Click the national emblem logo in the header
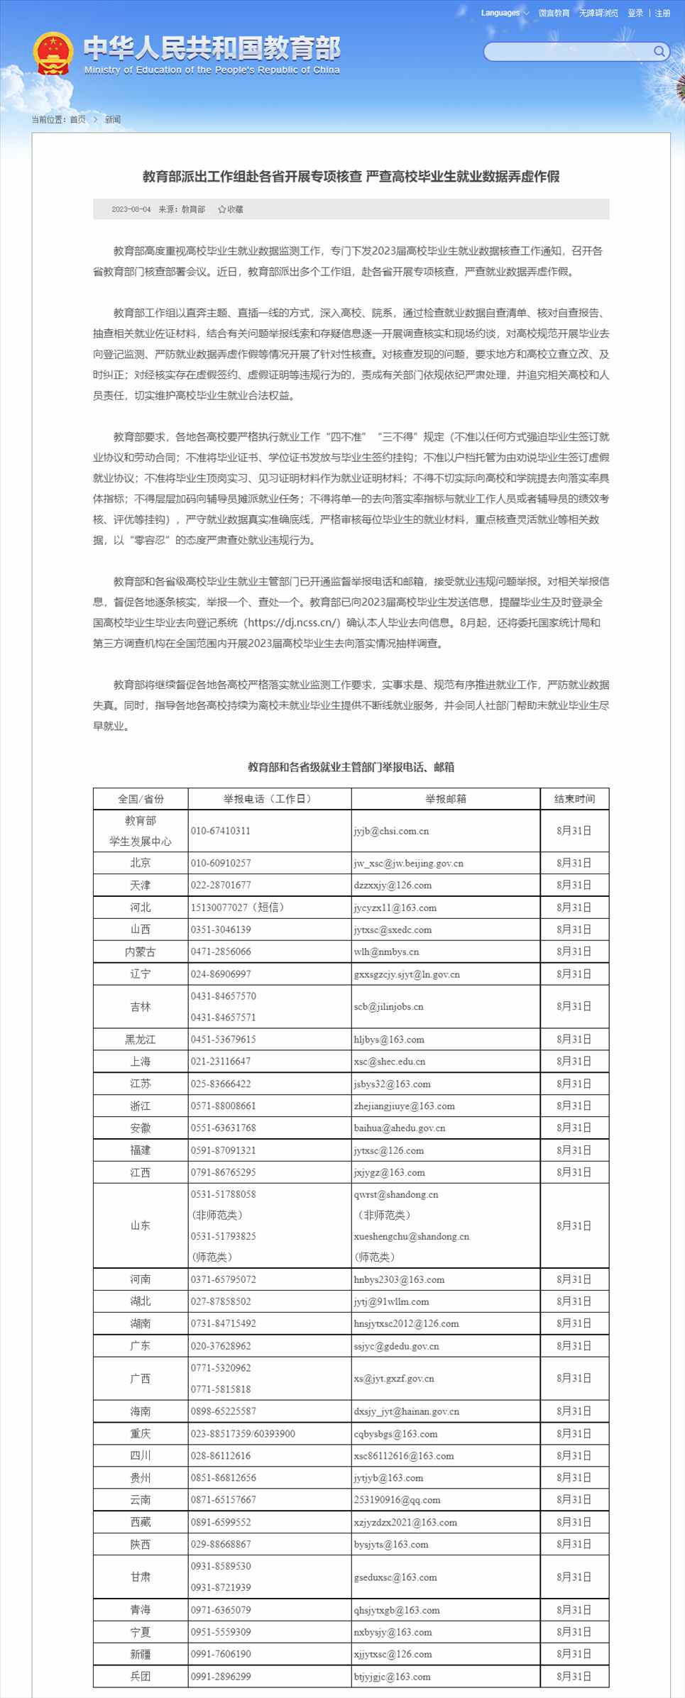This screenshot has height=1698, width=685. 53,53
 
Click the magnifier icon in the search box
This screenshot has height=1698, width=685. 659,51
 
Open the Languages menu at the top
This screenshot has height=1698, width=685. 504,13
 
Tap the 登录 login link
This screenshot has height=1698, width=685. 635,13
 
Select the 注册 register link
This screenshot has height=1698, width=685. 662,13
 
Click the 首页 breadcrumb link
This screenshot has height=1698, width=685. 77,119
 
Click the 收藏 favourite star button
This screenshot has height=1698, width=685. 231,209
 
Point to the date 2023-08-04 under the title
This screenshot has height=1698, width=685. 131,209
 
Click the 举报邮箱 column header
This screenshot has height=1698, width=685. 446,798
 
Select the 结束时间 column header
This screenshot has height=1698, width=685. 574,798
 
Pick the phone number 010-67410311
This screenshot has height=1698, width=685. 221,831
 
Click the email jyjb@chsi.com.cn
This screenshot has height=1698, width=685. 391,831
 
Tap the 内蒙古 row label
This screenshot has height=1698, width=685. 141,952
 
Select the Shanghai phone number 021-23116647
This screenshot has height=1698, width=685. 221,1062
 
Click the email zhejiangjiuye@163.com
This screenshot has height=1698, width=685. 405,1106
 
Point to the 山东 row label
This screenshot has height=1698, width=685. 141,1225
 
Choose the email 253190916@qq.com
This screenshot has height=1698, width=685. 398,1499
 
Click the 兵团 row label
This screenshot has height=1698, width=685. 141,1676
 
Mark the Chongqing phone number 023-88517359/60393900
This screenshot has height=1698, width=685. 243,1433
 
